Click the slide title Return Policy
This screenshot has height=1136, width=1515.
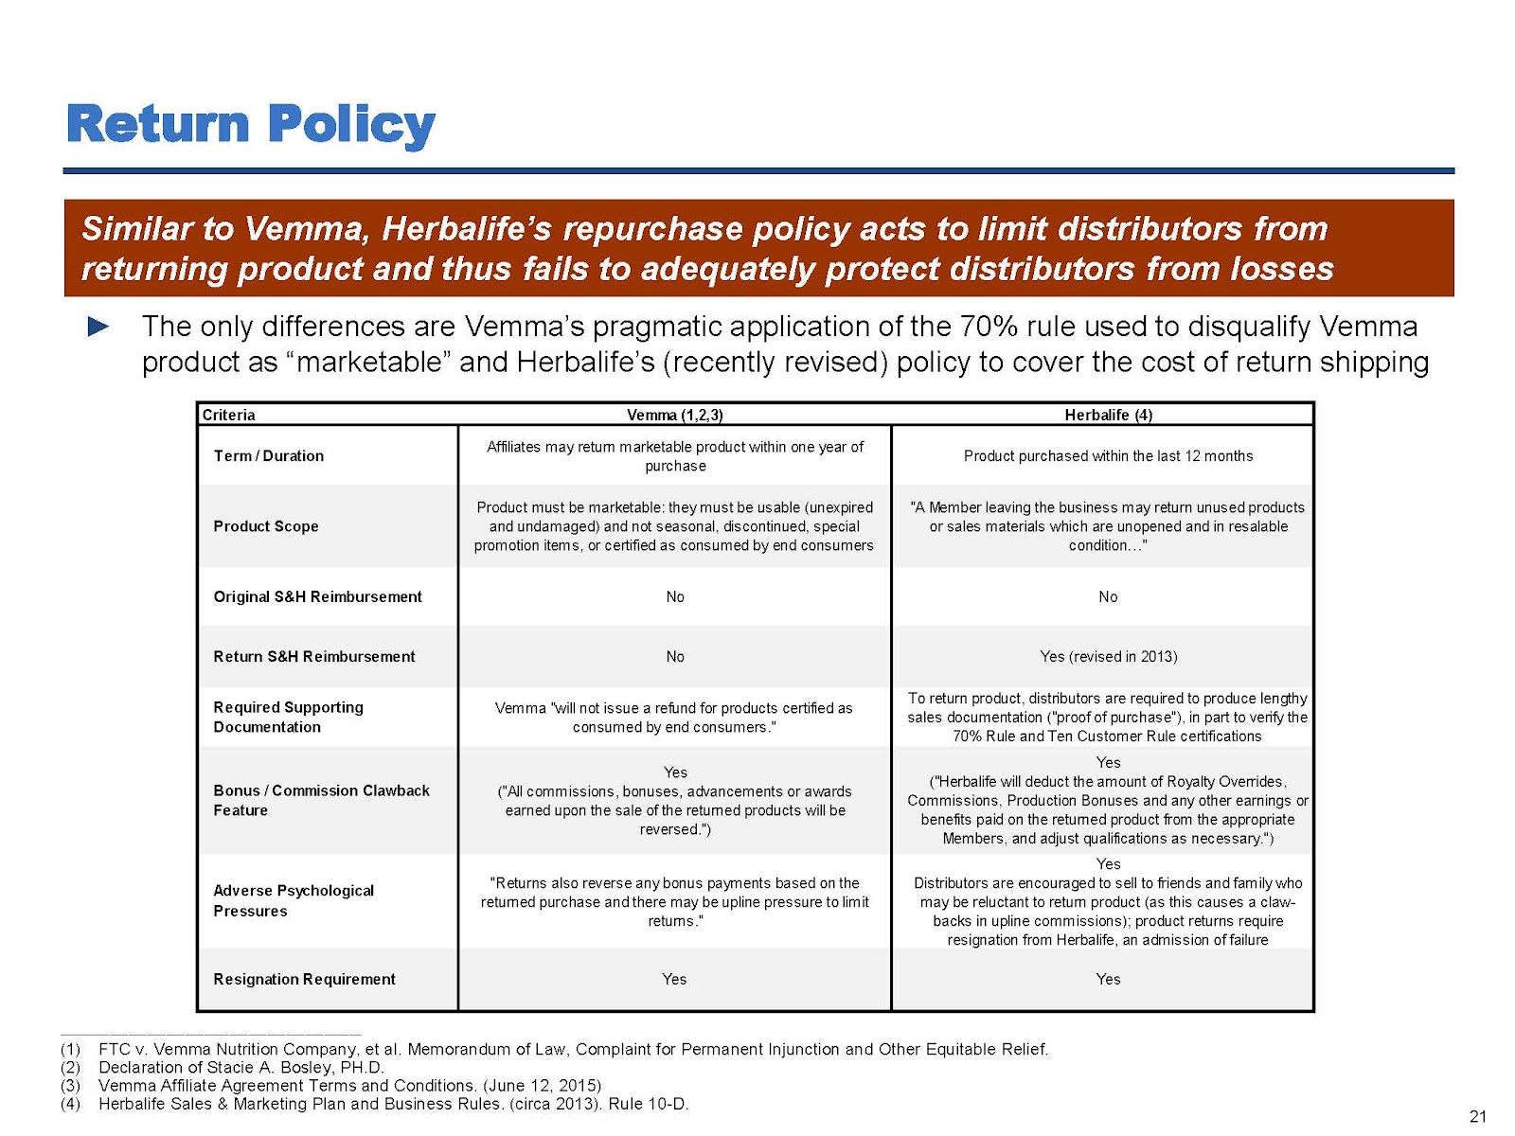251,124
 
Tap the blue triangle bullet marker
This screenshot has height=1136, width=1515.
98,328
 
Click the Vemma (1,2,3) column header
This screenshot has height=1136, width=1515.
674,415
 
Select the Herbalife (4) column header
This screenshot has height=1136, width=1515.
1108,415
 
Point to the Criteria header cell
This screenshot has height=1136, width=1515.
228,415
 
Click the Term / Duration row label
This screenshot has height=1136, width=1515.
268,455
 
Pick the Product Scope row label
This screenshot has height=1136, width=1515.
265,526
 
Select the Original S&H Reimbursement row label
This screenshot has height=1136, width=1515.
317,596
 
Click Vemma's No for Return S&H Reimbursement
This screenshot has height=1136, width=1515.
674,656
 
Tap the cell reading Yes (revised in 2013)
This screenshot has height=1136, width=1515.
1108,656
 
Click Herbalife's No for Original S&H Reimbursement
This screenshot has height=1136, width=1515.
1108,596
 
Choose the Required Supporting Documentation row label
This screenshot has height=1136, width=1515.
288,717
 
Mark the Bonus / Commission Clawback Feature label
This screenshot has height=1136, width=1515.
321,800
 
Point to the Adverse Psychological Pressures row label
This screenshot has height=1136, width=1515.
293,900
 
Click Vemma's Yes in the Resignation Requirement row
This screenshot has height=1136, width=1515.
674,979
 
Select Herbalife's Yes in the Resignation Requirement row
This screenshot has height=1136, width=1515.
1108,979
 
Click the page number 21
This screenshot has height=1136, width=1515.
1477,1116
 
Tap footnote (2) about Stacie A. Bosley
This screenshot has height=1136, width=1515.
241,1067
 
